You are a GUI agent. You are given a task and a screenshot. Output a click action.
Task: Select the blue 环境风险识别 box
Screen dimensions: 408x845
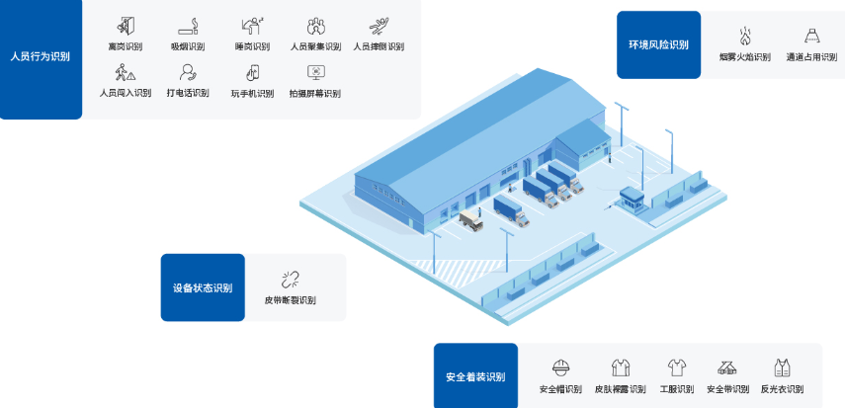point(658,44)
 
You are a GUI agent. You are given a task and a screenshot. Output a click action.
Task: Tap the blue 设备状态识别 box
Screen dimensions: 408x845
point(202,287)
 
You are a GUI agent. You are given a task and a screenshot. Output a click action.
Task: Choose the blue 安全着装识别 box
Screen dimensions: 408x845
point(475,376)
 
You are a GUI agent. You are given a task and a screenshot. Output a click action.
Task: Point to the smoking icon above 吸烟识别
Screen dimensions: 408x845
point(188,26)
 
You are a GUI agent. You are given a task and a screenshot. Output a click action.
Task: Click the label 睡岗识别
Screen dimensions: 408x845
point(252,46)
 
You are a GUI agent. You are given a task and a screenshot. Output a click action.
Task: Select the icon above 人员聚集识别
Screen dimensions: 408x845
point(315,26)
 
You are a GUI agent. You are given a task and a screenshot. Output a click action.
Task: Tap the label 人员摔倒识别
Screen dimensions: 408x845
point(379,46)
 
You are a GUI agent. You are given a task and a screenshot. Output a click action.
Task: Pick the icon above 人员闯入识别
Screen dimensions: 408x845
point(125,72)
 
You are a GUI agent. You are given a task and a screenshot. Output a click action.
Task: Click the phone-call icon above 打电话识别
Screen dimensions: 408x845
point(188,72)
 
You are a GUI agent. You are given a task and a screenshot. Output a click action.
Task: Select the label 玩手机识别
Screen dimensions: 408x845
point(252,94)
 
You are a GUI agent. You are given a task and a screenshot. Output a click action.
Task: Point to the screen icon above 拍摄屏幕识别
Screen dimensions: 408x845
point(315,72)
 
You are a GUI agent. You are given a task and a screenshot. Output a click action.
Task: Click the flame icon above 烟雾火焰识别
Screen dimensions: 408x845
point(745,36)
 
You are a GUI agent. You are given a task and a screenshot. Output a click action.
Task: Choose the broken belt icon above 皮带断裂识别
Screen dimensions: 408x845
point(290,279)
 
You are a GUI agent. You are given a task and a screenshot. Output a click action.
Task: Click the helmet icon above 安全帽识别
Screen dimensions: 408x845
point(561,367)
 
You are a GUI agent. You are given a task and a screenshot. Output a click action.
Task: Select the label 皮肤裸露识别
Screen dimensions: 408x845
point(620,389)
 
